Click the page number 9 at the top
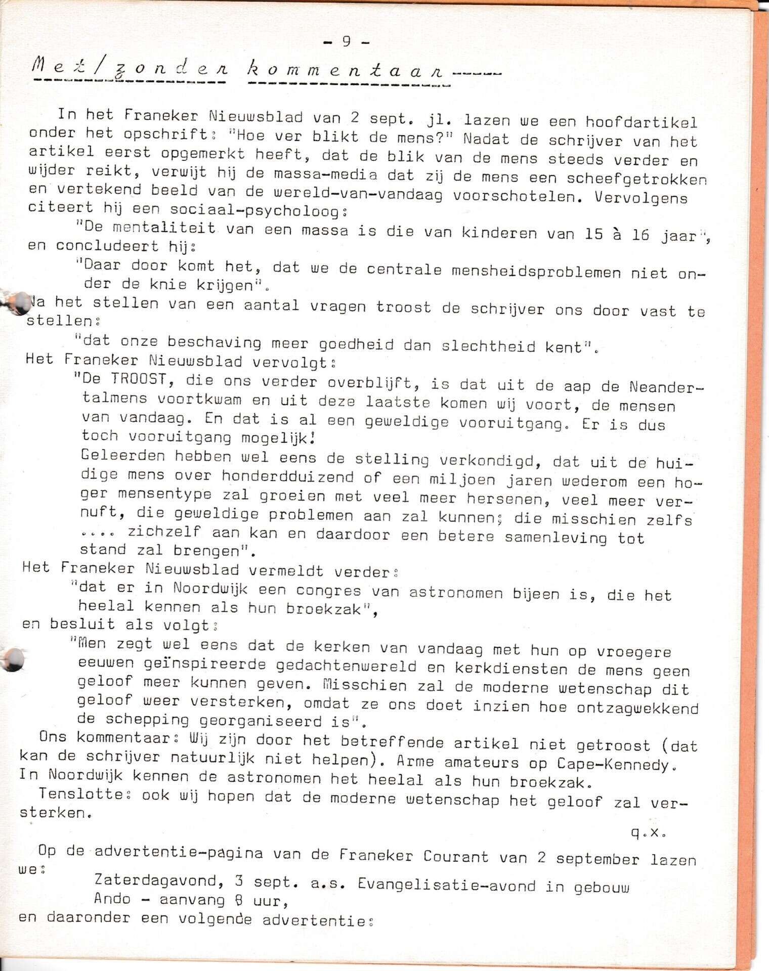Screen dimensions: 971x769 coord(347,41)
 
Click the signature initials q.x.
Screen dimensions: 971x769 coord(648,832)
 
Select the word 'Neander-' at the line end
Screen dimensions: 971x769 coord(666,388)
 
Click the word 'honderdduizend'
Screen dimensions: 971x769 coord(287,476)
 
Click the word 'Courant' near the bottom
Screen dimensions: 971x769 coord(456,856)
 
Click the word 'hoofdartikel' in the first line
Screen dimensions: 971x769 coord(642,122)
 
